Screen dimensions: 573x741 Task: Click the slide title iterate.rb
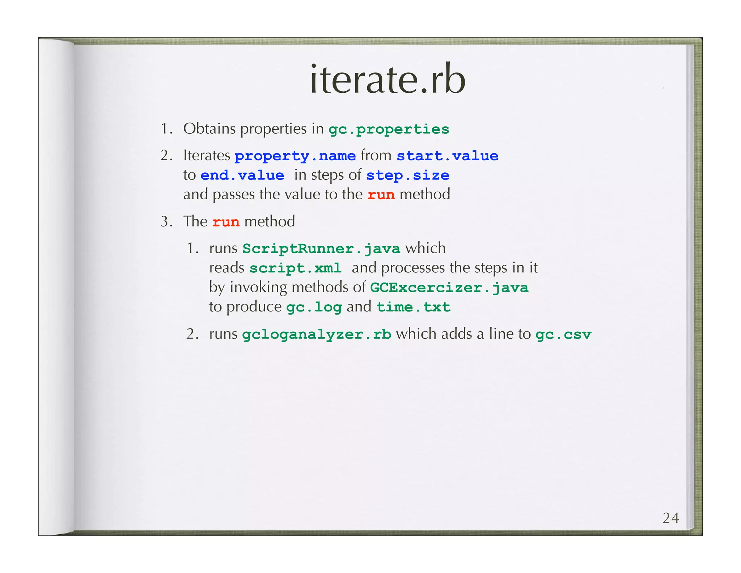(388, 79)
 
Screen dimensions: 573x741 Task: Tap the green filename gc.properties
(389, 129)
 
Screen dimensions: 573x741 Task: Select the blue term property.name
(295, 156)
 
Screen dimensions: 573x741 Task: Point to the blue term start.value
(447, 156)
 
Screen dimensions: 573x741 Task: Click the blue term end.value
(242, 176)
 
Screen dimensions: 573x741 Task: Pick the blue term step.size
(407, 176)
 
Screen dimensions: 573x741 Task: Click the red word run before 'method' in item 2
(381, 195)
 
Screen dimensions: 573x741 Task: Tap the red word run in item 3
(226, 222)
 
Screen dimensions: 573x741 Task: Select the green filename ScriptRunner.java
(321, 249)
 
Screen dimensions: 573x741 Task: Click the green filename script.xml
(295, 268)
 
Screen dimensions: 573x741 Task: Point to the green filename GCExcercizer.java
(449, 288)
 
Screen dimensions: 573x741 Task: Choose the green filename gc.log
(314, 308)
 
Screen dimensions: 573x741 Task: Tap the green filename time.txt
(413, 308)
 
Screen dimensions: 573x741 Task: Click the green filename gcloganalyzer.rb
(317, 334)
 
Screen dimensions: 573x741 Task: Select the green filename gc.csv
(563, 334)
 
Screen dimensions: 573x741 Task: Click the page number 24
(670, 518)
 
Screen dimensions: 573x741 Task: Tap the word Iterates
(207, 155)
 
